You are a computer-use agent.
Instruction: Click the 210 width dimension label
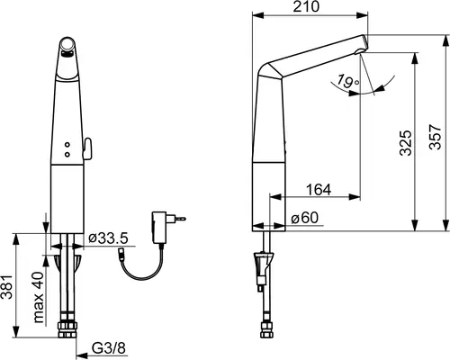click(x=306, y=6)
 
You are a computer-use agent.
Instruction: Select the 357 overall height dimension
click(x=436, y=137)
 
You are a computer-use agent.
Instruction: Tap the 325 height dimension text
click(x=406, y=142)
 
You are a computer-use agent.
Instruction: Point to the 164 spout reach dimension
click(x=319, y=189)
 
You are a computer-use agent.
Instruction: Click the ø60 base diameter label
click(x=305, y=218)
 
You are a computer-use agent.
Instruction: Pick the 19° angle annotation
click(x=347, y=81)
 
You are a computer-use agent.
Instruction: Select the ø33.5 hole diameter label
click(x=109, y=238)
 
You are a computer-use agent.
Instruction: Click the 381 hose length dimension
click(x=7, y=286)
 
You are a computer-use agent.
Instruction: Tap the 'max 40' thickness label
click(x=39, y=297)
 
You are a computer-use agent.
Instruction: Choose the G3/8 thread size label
click(x=109, y=348)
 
